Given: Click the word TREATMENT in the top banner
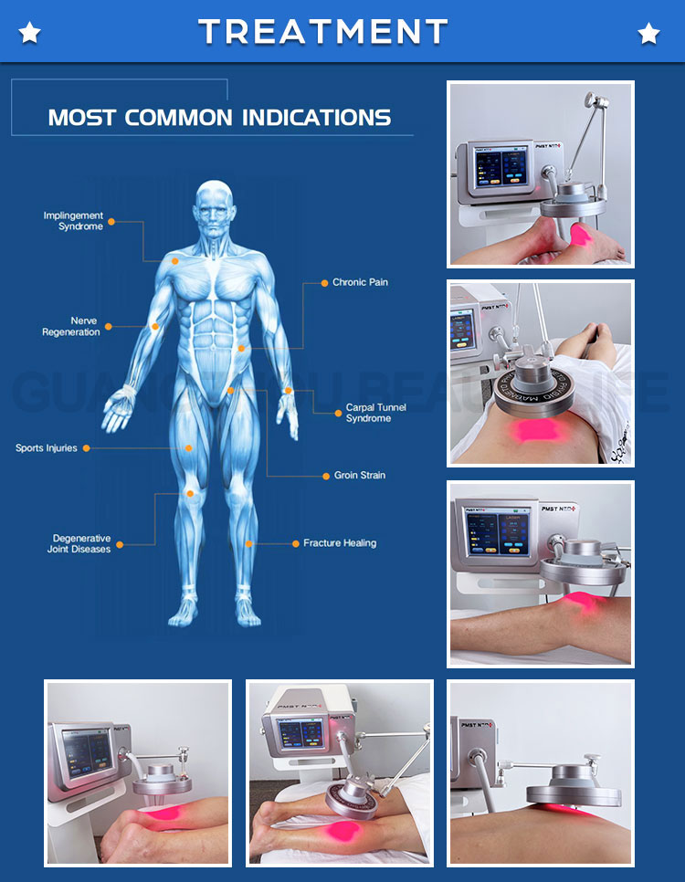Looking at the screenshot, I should pos(322,33).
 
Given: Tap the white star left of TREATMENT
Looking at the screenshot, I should pos(29,34).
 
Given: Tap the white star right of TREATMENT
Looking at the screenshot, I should pos(648,34).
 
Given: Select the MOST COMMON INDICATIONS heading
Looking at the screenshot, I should pos(219,118).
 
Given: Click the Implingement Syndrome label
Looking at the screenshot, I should pos(73,221).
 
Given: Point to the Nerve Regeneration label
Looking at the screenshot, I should pos(71,327).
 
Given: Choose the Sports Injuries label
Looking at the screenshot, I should pos(47,448).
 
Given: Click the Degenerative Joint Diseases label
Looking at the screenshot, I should pos(80,543).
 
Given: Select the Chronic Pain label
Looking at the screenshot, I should pos(360,283).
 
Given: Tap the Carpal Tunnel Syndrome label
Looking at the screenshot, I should pos(375,413).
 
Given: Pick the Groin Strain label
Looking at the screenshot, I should pos(360,476).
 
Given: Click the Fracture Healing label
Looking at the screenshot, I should pos(340,543).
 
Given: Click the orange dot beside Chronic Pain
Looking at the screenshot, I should pos(321,283).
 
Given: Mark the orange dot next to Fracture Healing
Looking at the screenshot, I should pos(294,543).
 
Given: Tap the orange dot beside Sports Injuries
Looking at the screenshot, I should pos(86,448).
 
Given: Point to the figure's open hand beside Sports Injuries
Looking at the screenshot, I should pos(118,408).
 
